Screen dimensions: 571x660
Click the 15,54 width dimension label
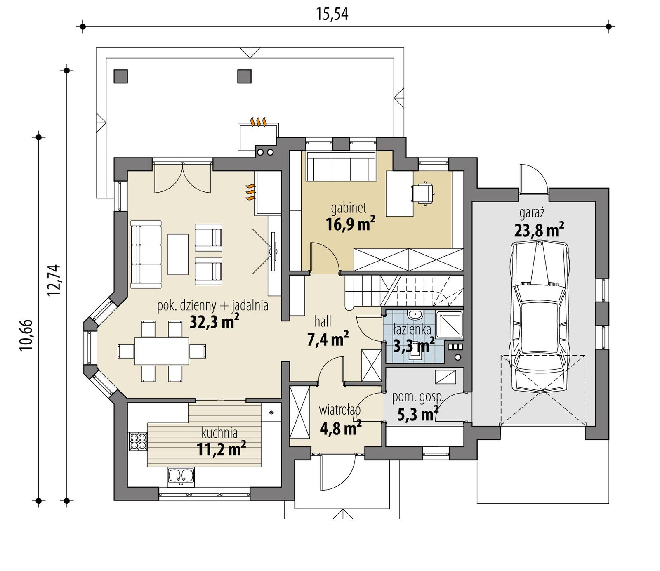point(332,14)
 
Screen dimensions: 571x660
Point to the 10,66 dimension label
point(26,335)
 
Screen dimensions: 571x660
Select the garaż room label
point(532,213)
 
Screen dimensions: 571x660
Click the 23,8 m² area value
point(539,230)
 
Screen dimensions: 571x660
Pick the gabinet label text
point(349,208)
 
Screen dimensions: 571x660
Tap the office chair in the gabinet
point(423,193)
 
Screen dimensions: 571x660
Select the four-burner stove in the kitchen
point(138,441)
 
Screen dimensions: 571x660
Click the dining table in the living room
point(162,351)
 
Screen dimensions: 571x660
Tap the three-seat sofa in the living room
point(146,254)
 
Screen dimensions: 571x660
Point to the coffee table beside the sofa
point(178,254)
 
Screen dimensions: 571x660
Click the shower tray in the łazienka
point(449,324)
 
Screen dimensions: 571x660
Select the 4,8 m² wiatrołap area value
point(340,428)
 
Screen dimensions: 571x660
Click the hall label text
point(323,321)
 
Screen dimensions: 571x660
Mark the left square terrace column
point(121,76)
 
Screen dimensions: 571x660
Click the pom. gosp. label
point(417,397)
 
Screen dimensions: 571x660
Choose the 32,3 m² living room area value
point(214,322)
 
